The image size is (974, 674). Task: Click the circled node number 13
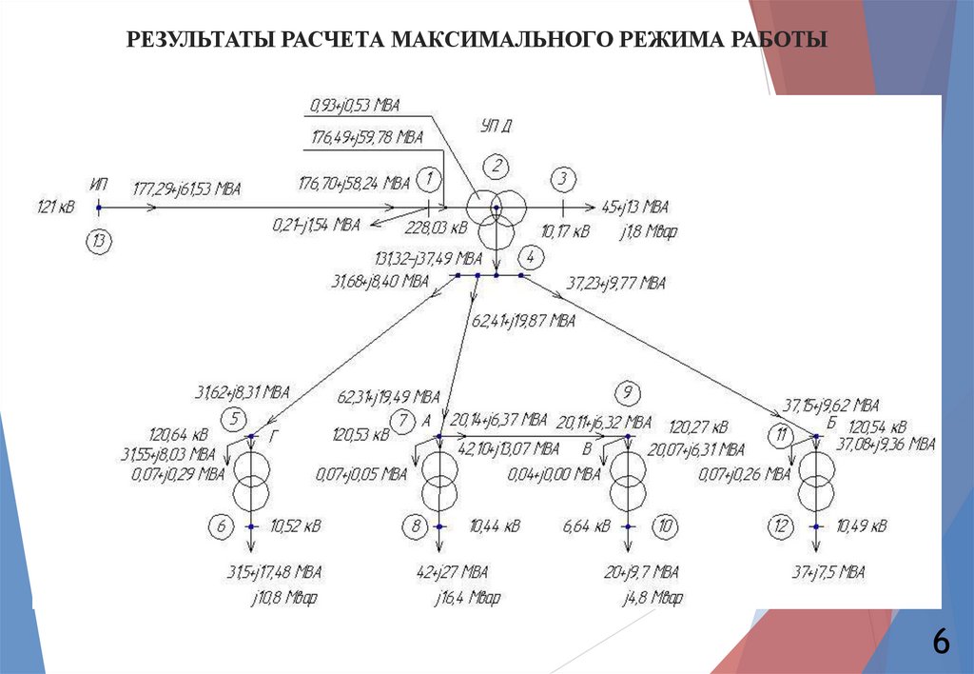tap(98, 241)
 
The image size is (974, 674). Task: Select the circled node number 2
tap(497, 166)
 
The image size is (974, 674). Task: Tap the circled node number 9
tap(626, 392)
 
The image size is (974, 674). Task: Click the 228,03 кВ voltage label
tap(437, 228)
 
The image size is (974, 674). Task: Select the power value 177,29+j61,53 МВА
tap(186, 188)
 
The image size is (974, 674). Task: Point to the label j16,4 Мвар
tap(468, 599)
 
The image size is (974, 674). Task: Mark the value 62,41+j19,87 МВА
tap(524, 321)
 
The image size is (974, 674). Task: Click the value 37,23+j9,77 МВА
tap(616, 283)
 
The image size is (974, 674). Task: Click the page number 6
tap(941, 643)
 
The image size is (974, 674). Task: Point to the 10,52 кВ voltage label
tap(296, 525)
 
